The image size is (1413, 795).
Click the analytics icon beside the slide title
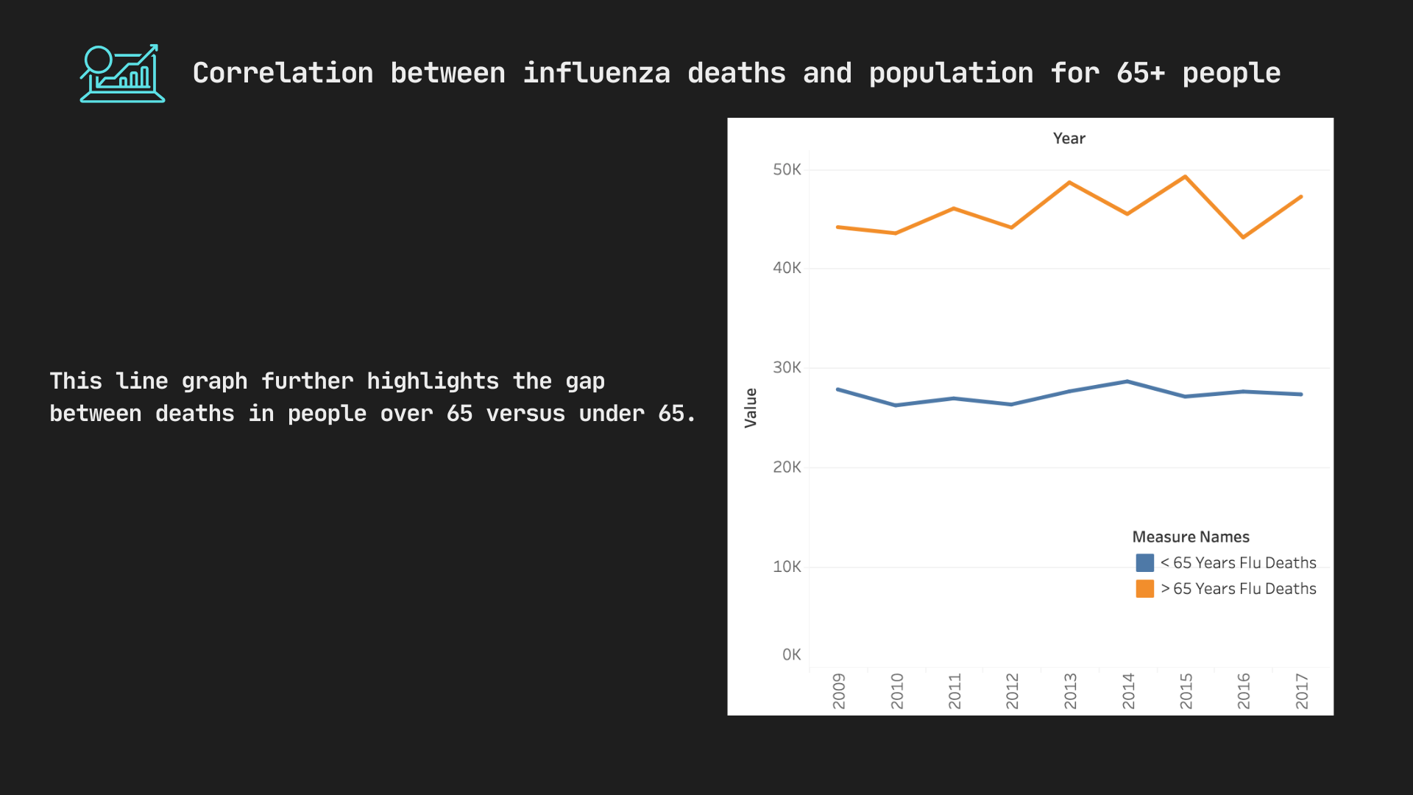click(x=122, y=74)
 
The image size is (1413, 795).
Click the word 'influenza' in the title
click(x=596, y=74)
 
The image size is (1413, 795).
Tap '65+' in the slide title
click(x=1140, y=74)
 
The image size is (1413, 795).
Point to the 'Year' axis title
click(x=1069, y=138)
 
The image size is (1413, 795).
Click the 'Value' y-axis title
click(x=751, y=408)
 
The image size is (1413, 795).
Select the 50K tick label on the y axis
click(x=787, y=170)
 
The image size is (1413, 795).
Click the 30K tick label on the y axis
click(x=787, y=367)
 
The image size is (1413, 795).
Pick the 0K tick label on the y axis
click(x=791, y=654)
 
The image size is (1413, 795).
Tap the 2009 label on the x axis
click(x=839, y=690)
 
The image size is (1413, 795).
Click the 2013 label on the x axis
click(x=1070, y=690)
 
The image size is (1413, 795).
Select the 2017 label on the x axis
click(x=1302, y=690)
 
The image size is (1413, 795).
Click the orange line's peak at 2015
click(x=1185, y=177)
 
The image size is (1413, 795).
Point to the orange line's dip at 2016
click(x=1243, y=237)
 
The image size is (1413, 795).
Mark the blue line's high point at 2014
click(x=1127, y=381)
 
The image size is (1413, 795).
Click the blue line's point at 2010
click(x=896, y=405)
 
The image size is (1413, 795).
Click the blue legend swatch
click(x=1144, y=563)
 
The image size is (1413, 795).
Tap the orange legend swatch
click(x=1144, y=589)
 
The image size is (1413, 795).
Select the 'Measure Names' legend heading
click(x=1190, y=537)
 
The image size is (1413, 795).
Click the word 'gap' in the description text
click(x=585, y=381)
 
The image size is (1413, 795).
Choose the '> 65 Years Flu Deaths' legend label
click(x=1239, y=589)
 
